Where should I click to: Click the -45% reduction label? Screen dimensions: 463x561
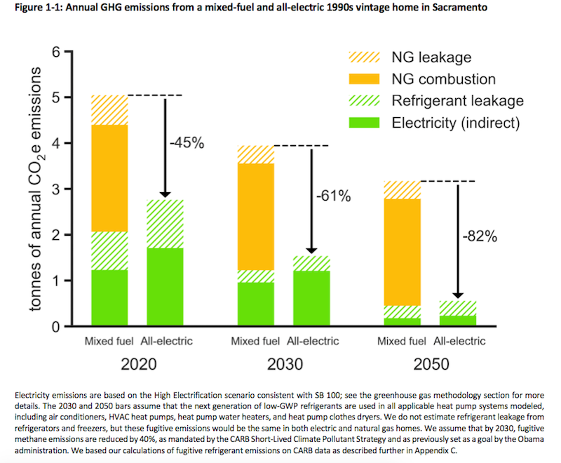[x=187, y=143]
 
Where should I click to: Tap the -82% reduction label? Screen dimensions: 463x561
[x=480, y=236]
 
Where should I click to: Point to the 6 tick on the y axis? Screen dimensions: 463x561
[x=62, y=52]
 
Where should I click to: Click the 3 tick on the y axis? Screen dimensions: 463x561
[x=62, y=189]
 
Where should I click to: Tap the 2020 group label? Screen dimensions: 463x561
[x=139, y=365]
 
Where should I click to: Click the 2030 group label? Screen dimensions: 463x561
[x=285, y=365]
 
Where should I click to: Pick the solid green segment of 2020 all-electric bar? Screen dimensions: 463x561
[x=165, y=287]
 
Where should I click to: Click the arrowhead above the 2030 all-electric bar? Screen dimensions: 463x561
[x=311, y=249]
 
